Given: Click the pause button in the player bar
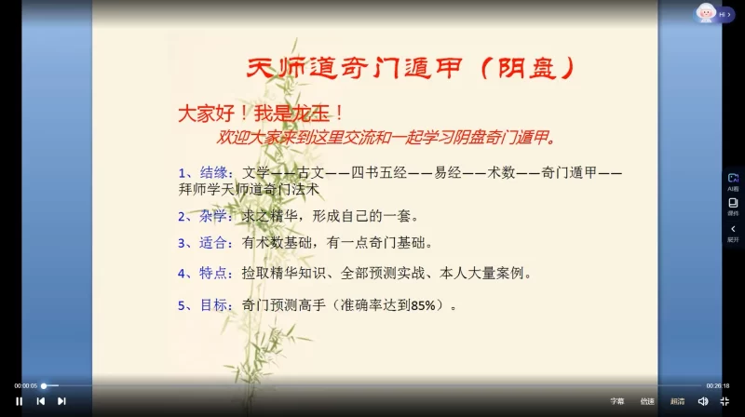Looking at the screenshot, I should (20, 401).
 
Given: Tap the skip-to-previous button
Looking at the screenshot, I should (40, 401).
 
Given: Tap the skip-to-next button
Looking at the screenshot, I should (61, 401).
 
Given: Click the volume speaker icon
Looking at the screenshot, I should (703, 401).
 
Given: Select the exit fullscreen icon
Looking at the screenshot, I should (725, 401).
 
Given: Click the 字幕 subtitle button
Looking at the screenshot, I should (617, 401).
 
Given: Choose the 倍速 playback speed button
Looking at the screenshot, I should (647, 401).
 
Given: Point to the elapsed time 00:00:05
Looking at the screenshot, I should (25, 385).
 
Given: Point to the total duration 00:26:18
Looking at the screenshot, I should (717, 385).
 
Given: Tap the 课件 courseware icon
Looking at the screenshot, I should (733, 205).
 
